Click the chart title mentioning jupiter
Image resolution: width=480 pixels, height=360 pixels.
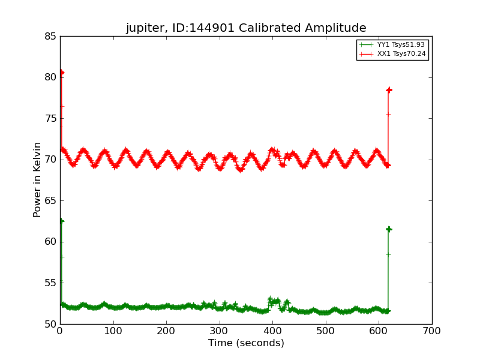(245, 28)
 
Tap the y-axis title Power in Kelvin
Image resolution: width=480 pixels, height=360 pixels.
(37, 179)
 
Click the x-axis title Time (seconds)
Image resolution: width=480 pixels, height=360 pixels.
(246, 343)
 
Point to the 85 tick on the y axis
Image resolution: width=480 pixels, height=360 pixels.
(50, 37)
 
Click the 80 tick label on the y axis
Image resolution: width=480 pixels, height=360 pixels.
(50, 77)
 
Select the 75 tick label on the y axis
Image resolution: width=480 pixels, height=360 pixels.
(50, 119)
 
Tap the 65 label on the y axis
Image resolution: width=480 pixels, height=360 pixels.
(50, 201)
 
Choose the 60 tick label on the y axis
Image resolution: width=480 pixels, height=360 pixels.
(50, 242)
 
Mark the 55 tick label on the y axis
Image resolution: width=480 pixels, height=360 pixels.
(50, 283)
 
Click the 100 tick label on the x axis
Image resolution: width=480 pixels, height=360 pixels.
(113, 331)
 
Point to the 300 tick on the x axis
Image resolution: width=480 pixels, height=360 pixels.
(220, 331)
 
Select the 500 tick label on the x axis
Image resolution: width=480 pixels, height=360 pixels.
(326, 331)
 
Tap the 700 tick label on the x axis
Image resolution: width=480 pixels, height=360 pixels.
(432, 331)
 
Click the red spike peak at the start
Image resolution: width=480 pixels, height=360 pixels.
(61, 73)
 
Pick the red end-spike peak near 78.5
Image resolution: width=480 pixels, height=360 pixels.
(389, 90)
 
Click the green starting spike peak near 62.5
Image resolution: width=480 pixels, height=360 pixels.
(61, 221)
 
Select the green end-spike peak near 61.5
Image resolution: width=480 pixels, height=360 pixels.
(389, 229)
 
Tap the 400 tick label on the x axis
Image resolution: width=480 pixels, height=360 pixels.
(273, 331)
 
